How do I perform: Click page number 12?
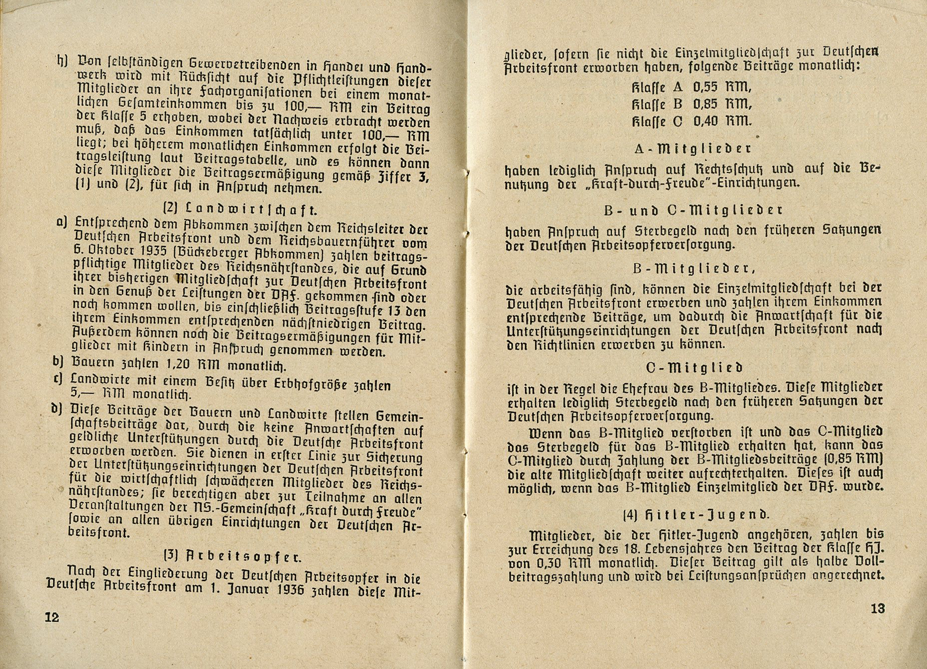point(52,617)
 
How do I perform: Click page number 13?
point(878,608)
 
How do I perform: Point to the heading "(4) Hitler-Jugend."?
point(695,515)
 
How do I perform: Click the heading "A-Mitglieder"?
point(693,149)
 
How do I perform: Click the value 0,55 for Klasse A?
point(705,88)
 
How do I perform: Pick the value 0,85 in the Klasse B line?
point(705,105)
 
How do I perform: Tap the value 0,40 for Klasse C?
point(705,121)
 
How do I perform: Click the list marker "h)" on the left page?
point(62,61)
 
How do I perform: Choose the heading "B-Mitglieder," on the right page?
point(694,269)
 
